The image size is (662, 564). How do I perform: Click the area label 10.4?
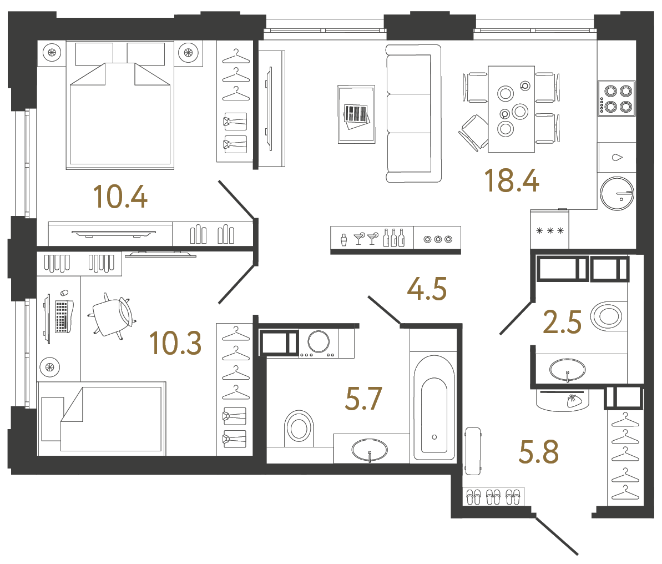click(x=120, y=197)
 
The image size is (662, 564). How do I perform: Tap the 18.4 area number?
click(x=511, y=180)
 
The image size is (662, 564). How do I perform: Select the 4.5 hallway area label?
click(x=427, y=289)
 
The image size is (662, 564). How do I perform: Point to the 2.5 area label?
click(x=562, y=323)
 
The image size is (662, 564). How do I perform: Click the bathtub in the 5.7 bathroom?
click(x=434, y=408)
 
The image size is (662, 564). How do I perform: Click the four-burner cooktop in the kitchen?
click(x=616, y=98)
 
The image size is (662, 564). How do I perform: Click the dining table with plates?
click(x=511, y=109)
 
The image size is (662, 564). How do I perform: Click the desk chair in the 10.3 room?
click(x=113, y=316)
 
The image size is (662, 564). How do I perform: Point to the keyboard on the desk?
click(x=63, y=316)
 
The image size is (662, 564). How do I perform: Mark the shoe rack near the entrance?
click(x=493, y=496)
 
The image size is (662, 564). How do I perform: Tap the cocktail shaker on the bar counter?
click(x=343, y=240)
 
